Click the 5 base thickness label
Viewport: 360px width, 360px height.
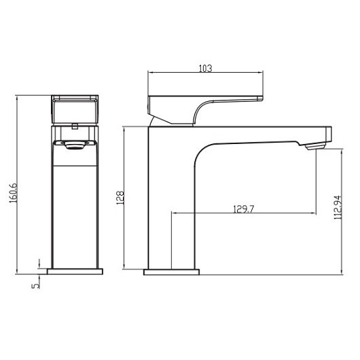tap(36, 284)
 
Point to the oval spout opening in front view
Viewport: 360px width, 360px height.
tap(74, 144)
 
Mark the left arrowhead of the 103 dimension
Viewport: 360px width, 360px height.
tap(151, 74)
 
